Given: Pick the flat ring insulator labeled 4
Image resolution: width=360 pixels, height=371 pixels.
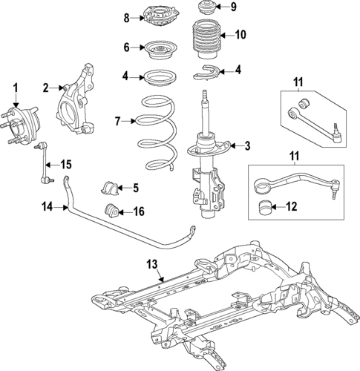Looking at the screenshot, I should point(156,78).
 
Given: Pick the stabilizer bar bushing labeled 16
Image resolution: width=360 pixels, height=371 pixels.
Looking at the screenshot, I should point(111,210).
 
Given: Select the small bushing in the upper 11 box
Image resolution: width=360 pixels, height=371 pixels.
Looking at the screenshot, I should point(303,101).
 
